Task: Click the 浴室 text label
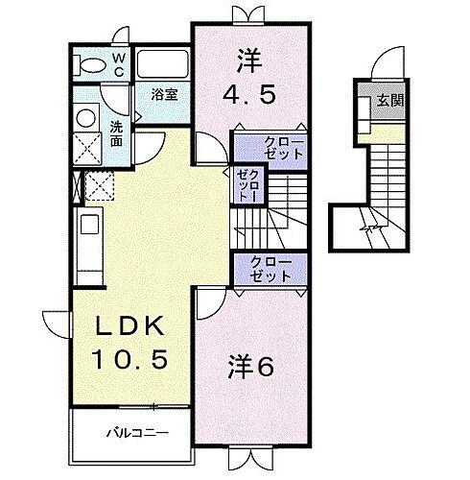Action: (x=166, y=94)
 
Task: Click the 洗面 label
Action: (x=116, y=133)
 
